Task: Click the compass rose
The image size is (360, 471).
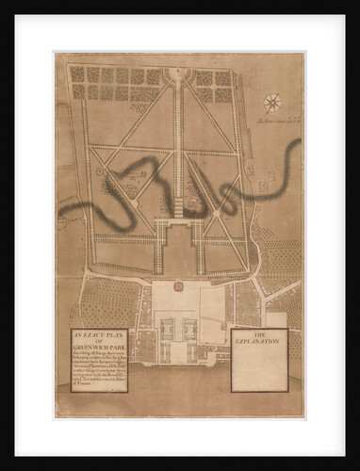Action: tap(273, 102)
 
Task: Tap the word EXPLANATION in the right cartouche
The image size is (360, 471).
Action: tap(256, 341)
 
